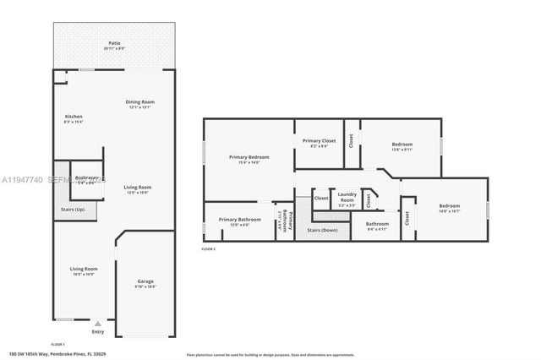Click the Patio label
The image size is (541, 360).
click(113, 43)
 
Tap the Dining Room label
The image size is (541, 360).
click(139, 102)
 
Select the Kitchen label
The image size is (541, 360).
click(74, 117)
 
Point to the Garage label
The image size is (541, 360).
click(145, 281)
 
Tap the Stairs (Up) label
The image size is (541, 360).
click(74, 210)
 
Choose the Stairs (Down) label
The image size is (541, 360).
click(322, 230)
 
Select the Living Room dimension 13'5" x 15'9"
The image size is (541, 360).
click(137, 193)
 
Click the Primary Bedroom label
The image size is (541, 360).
click(249, 157)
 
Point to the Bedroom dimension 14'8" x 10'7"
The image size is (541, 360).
click(449, 211)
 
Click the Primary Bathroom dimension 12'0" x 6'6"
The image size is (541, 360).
click(234, 225)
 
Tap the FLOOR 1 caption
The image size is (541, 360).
click(57, 344)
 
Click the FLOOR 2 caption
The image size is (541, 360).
click(208, 249)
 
